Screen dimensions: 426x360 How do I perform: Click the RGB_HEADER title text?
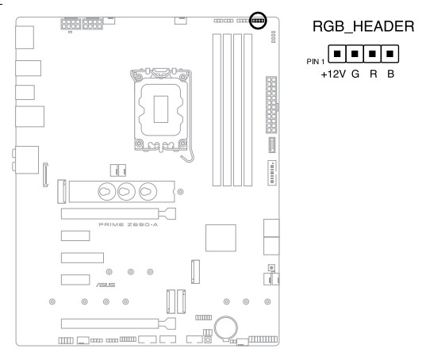363,27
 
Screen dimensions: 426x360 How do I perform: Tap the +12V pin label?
333,74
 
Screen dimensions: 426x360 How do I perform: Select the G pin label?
355,74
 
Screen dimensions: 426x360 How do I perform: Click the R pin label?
374,74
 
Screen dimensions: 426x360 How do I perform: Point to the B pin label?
390,74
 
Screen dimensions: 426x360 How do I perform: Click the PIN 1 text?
316,62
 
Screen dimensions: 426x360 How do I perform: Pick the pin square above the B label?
390,54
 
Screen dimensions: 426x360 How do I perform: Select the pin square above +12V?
337,54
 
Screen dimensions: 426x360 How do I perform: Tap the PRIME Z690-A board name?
129,224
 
